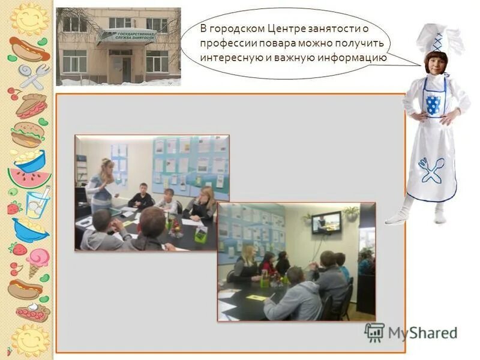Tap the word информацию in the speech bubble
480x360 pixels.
(353, 58)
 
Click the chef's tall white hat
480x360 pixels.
(437, 38)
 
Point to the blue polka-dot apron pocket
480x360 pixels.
(433, 104)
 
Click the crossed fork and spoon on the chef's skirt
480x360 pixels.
(431, 170)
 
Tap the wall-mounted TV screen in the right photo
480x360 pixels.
(326, 223)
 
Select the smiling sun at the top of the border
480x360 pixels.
(29, 19)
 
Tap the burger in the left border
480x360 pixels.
(27, 135)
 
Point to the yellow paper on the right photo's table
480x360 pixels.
(256, 298)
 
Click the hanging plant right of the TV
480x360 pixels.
(351, 212)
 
